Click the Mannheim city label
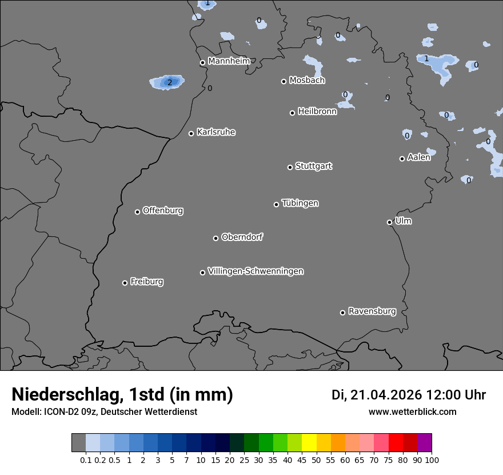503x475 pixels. pos(229,61)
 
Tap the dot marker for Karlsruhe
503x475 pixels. pos(191,133)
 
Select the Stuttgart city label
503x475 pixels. pos(313,166)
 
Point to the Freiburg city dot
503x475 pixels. pos(125,283)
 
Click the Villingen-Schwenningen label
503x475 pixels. pos(256,271)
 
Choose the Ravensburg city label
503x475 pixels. pos(372,311)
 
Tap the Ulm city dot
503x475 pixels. pos(389,222)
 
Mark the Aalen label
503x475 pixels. pos(419,157)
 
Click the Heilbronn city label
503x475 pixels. pos(317,112)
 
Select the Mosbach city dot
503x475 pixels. pos(284,81)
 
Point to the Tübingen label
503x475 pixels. pos(300,203)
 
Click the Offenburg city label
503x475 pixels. pos(163,211)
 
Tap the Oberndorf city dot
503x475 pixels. pos(215,238)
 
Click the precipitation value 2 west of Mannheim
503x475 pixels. pos(169,82)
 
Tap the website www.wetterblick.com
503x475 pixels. pos(413,411)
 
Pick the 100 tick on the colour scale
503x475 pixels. pos(432,460)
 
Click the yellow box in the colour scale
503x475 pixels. pos(309,443)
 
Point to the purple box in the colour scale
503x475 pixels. pos(424,443)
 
